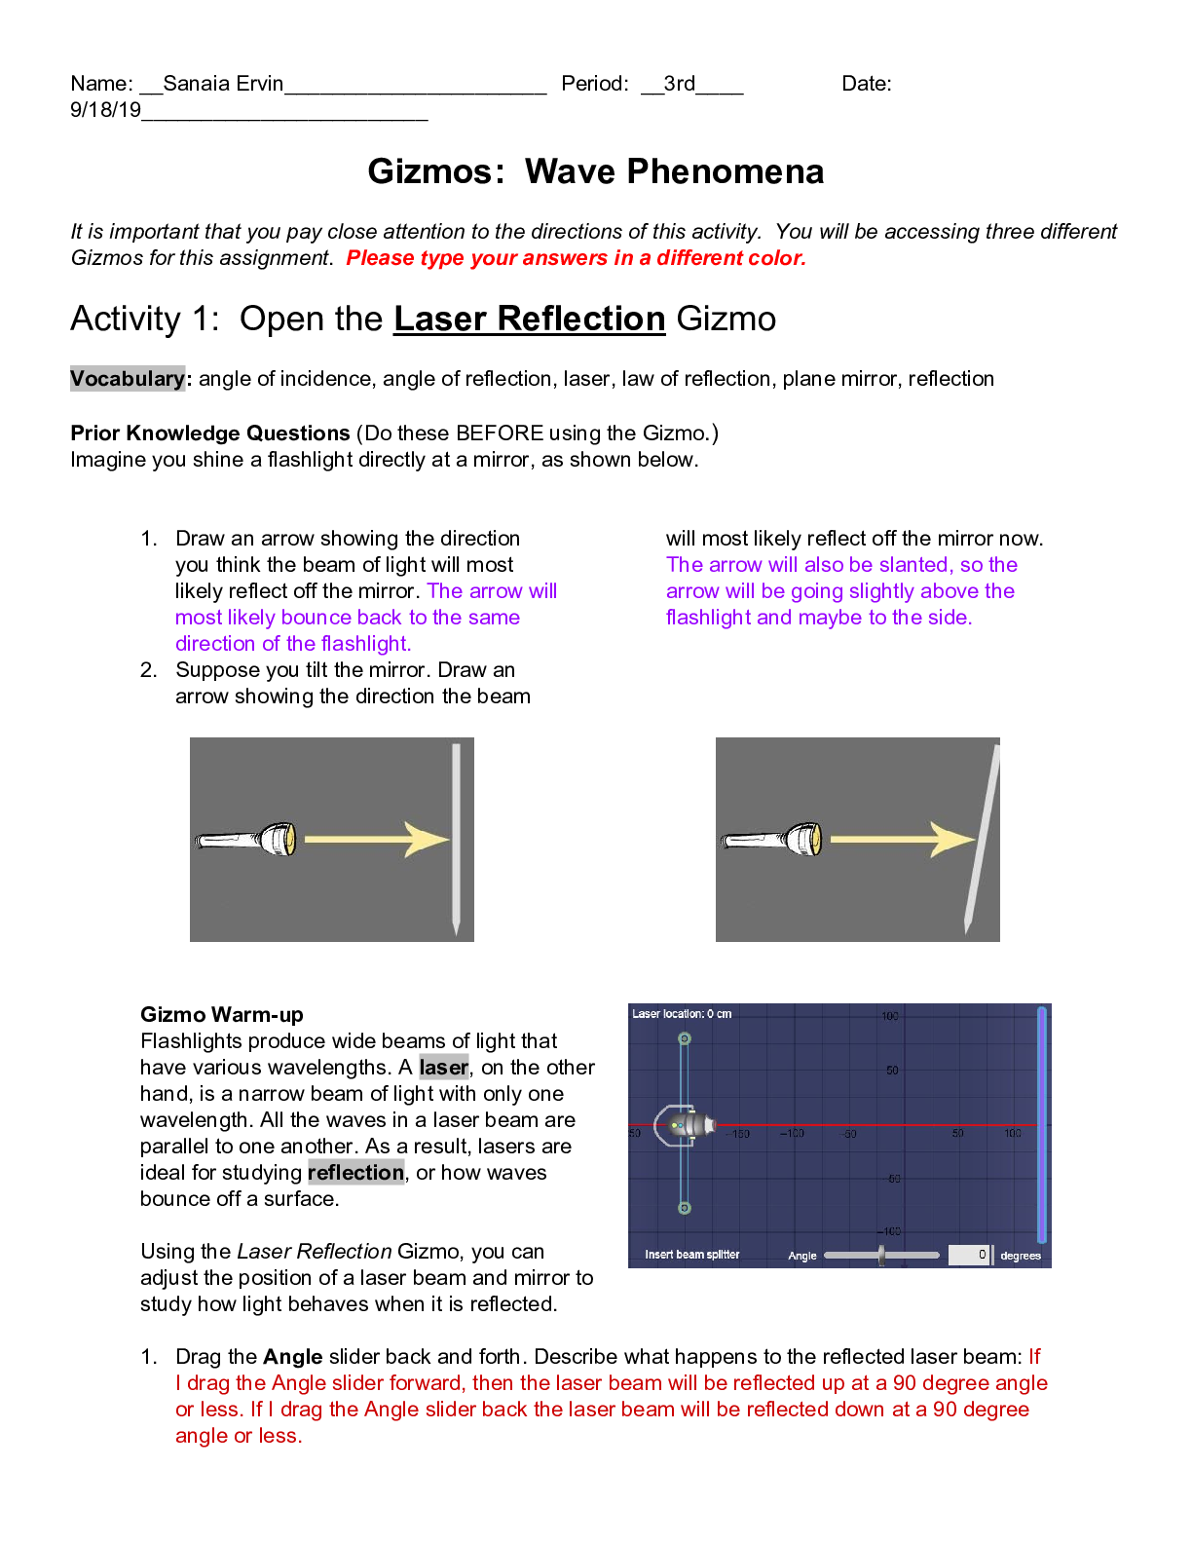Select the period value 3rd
pyautogui.click(x=679, y=84)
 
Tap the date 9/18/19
pyautogui.click(x=105, y=110)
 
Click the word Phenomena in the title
pyautogui.click(x=725, y=172)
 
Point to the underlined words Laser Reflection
pyautogui.click(x=529, y=320)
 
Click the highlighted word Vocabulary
pyautogui.click(x=127, y=379)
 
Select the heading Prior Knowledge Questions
pyautogui.click(x=209, y=433)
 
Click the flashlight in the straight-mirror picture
pyautogui.click(x=247, y=839)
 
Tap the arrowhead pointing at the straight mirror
pyautogui.click(x=427, y=840)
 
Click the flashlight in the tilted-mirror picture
pyautogui.click(x=772, y=839)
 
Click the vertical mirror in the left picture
pyautogui.click(x=456, y=838)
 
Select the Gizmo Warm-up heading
pyautogui.click(x=222, y=1015)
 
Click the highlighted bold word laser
pyautogui.click(x=443, y=1068)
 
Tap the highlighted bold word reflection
pyautogui.click(x=355, y=1173)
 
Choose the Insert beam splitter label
pyautogui.click(x=691, y=1255)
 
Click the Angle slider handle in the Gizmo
pyautogui.click(x=881, y=1256)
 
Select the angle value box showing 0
pyautogui.click(x=969, y=1255)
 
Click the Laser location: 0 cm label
pyautogui.click(x=682, y=1014)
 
